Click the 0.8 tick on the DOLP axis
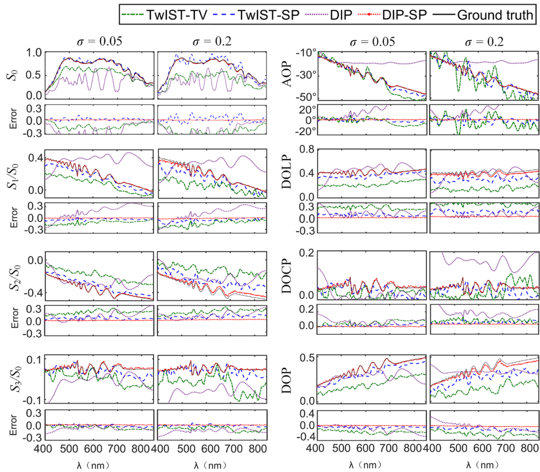(x=306, y=149)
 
